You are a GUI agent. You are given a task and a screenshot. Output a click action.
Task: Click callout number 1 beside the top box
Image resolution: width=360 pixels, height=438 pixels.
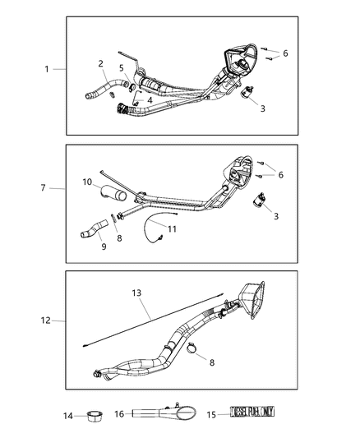click(47, 69)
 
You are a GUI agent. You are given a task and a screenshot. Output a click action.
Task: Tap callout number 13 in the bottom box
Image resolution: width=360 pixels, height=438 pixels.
click(136, 292)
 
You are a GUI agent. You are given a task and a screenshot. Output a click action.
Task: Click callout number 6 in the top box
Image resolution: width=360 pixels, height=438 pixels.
click(285, 53)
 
